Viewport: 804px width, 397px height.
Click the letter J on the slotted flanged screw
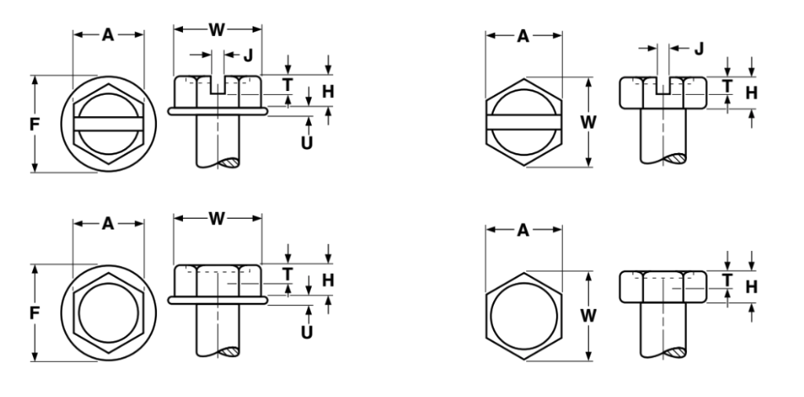pyautogui.click(x=248, y=55)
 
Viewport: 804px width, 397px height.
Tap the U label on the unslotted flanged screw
pyautogui.click(x=307, y=332)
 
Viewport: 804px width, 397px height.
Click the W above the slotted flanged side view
pyautogui.click(x=217, y=30)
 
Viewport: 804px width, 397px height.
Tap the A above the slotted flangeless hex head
pyautogui.click(x=524, y=36)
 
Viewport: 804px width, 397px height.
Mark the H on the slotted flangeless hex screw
pyautogui.click(x=751, y=93)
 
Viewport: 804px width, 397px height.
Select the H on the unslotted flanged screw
pyautogui.click(x=327, y=280)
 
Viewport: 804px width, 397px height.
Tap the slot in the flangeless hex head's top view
pyautogui.click(x=524, y=122)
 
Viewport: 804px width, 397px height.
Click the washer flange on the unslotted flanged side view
pyautogui.click(x=217, y=300)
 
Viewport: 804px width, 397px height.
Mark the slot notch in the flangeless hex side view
pyautogui.click(x=663, y=86)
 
